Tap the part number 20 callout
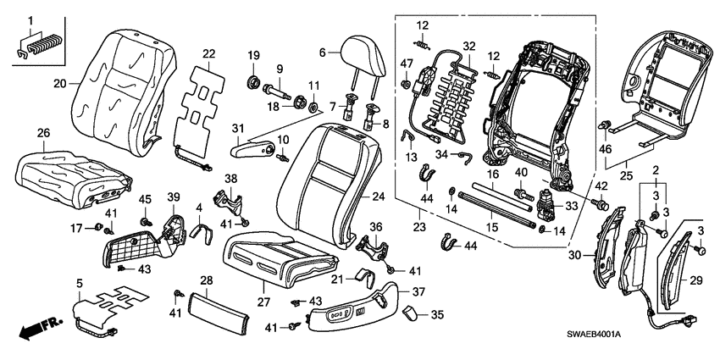click(x=59, y=84)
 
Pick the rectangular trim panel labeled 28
click(x=217, y=305)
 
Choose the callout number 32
click(x=470, y=46)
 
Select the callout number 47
click(x=407, y=64)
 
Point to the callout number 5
click(x=80, y=282)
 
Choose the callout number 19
click(x=253, y=57)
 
